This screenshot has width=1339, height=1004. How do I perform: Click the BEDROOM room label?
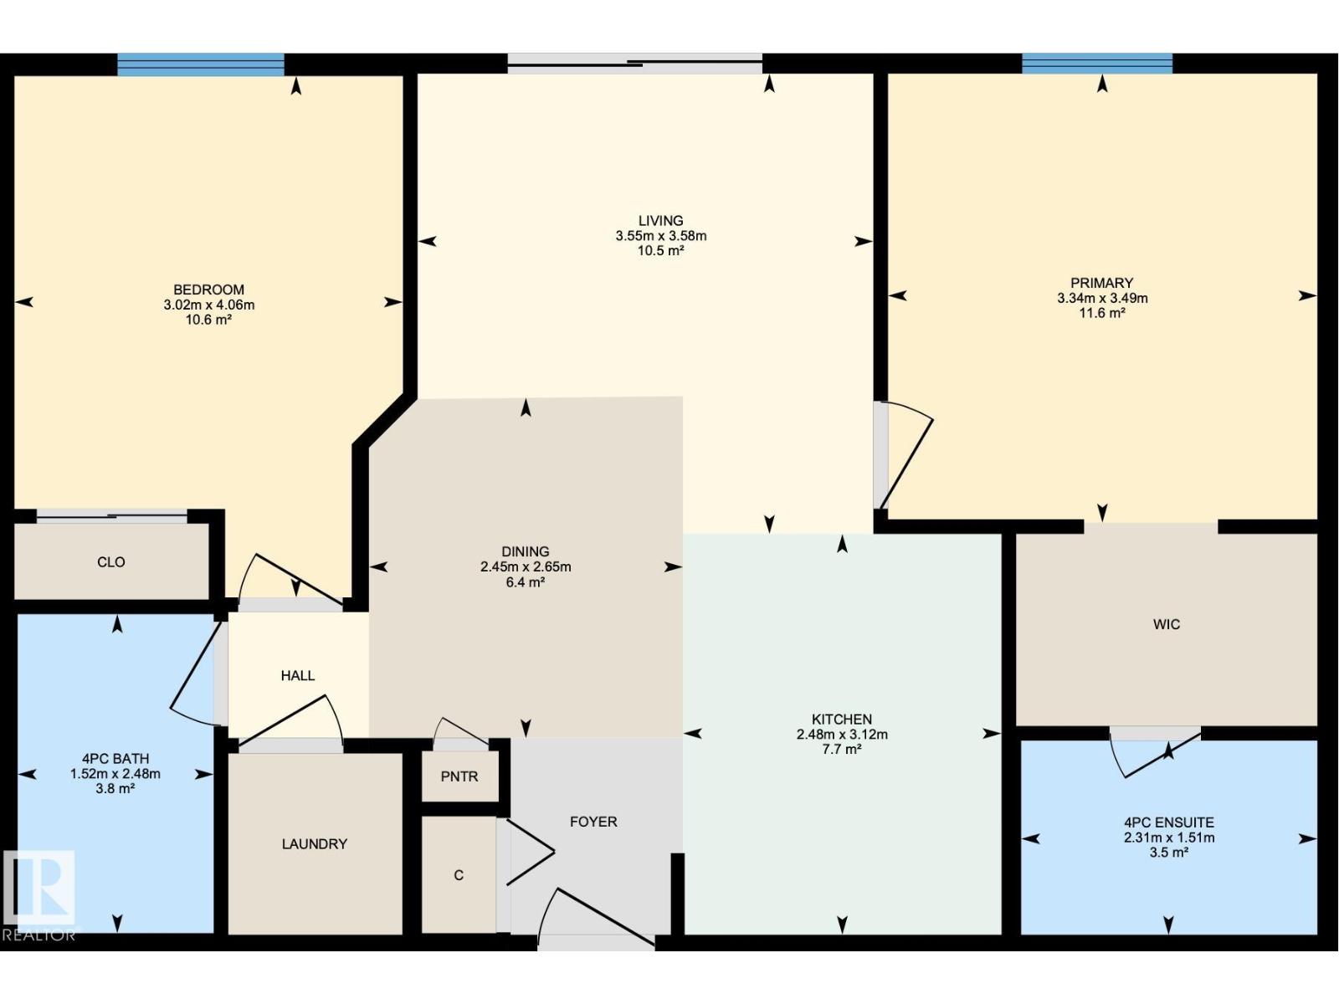208,289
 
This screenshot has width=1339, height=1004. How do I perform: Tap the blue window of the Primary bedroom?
1096,64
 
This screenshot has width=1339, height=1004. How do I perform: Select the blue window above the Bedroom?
201,64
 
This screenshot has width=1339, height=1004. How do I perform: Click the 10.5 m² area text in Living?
660,251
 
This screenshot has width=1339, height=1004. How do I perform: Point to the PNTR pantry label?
459,776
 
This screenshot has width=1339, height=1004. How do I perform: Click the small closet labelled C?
459,875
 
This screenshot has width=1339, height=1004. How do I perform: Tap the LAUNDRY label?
314,844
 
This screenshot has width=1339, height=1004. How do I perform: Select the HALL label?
298,675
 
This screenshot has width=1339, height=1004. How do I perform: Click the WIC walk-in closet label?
1166,624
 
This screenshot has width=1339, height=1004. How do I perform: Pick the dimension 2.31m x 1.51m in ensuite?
1168,838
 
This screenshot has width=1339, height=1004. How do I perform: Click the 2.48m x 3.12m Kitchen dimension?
842,735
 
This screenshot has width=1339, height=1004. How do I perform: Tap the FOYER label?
593,822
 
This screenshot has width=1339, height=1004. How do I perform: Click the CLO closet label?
111,562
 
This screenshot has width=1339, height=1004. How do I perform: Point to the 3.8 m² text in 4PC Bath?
115,789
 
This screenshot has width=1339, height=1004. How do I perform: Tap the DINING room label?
526,551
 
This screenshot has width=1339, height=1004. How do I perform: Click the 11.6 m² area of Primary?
1101,313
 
